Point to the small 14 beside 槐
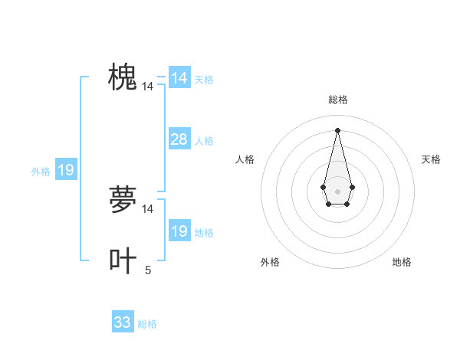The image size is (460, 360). pos(147,87)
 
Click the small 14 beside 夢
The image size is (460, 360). pos(147,208)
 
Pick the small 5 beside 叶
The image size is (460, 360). pos(148,270)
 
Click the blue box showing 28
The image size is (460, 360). pos(179,139)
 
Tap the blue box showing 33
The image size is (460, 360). pos(123,322)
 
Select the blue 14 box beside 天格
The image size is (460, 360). pos(179,78)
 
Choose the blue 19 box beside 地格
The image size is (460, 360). pos(179,231)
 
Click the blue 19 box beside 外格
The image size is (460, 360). pos(66,170)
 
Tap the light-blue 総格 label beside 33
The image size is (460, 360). pos(147,324)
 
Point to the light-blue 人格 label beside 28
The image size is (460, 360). pos(204,141)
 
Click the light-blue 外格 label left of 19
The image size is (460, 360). pos(41,172)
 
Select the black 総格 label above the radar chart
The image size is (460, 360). pos(338,100)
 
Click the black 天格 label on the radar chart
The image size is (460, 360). pos(432,159)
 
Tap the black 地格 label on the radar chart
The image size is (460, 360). pos(402,262)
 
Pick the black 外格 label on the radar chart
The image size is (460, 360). pos(270,262)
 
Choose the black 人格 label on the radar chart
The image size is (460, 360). pos(245,159)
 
